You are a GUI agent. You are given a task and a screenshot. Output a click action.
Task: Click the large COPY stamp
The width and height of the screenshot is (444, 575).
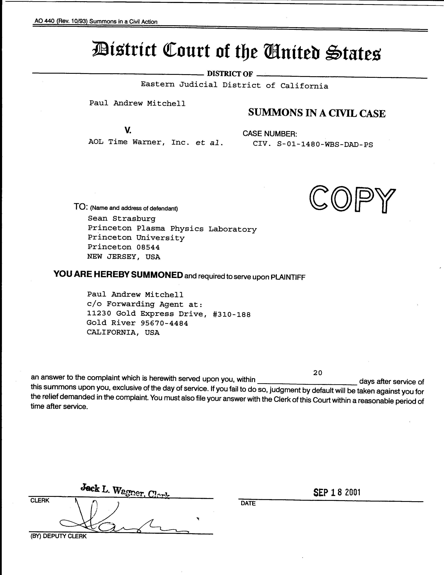(x=352, y=199)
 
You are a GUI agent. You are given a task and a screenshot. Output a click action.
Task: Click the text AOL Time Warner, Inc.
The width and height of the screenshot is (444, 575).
(x=139, y=142)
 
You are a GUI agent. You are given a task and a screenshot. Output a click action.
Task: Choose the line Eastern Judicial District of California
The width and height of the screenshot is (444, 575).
(x=234, y=85)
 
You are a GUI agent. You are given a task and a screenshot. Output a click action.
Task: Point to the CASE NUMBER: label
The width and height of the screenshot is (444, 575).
(x=270, y=134)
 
